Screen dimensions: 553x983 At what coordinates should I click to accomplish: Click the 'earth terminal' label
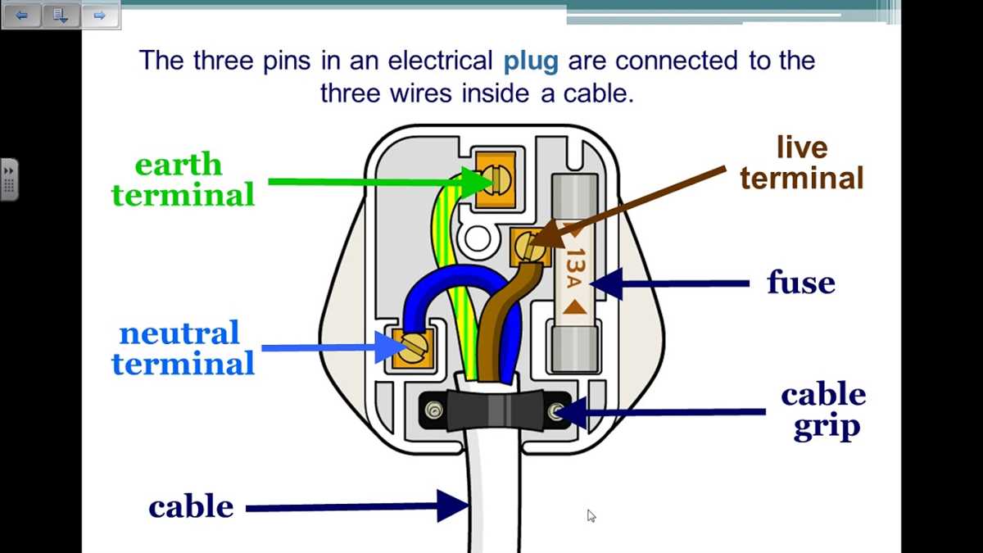183,180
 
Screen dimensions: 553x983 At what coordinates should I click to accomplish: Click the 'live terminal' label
802,163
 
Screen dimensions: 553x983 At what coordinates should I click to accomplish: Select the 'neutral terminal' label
183,349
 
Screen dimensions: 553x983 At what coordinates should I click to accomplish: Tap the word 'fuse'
800,283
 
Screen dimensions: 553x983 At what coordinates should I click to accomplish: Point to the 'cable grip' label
823,410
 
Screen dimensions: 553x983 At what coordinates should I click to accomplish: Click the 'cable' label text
191,507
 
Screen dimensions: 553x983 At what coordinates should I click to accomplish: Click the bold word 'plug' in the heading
531,61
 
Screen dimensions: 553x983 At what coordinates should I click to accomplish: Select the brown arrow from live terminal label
631,205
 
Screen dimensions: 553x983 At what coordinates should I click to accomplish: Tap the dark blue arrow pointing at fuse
672,283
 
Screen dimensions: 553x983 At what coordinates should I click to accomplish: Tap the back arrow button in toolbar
21,15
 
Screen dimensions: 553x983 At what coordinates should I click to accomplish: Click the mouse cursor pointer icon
591,515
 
